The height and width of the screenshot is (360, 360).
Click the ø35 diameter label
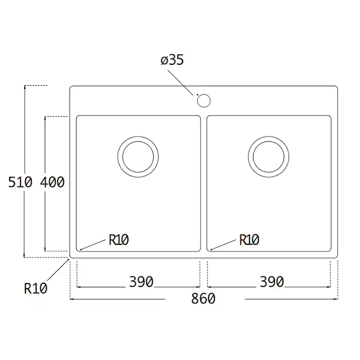tap(172, 60)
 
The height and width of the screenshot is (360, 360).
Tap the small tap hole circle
tap(203, 100)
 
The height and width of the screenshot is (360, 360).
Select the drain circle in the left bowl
tap(138, 157)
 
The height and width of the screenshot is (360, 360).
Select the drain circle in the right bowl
tap(269, 157)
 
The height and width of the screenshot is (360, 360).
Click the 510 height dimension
tap(20, 183)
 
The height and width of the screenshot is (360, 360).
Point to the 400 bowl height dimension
tap(52, 183)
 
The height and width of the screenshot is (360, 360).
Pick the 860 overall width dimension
tap(203, 299)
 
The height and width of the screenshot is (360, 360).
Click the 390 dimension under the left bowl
tap(141, 282)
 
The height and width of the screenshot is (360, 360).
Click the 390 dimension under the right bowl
tap(272, 282)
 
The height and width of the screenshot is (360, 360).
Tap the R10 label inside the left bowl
tap(119, 240)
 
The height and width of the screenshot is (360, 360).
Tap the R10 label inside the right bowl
tap(249, 240)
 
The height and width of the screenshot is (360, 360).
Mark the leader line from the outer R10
tap(57, 272)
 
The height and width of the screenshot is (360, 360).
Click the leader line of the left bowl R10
tap(93, 245)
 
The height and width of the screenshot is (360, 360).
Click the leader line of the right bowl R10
tap(224, 245)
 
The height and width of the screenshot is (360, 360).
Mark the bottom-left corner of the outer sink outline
tap(71, 257)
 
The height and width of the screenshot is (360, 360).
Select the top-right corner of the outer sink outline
tap(337, 87)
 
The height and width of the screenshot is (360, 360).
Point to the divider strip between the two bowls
tap(203, 183)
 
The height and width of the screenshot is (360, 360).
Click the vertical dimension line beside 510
tap(25, 130)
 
